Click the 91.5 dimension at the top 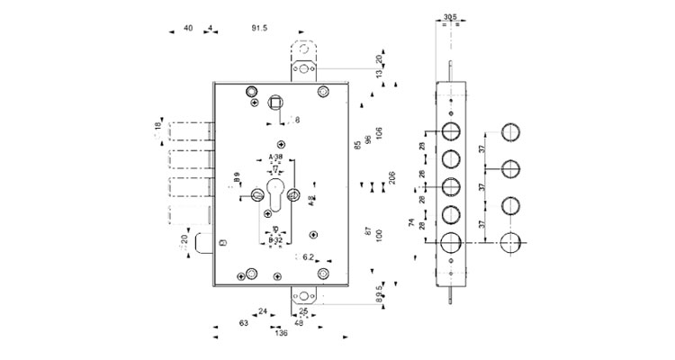(x=259, y=29)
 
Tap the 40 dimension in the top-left (x=188, y=29)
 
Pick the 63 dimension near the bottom (x=243, y=322)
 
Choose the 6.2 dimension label (x=307, y=258)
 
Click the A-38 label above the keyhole (x=276, y=157)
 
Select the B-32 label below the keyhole (x=276, y=240)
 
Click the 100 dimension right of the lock (x=378, y=233)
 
